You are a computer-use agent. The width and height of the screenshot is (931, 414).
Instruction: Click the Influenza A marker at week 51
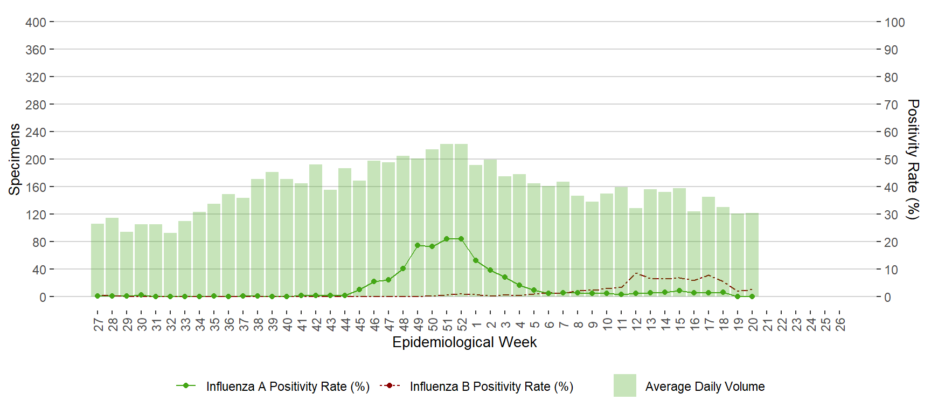point(447,239)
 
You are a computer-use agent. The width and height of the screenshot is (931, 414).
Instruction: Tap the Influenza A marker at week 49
point(418,245)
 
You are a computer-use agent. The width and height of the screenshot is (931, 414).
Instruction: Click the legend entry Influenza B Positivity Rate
point(491,387)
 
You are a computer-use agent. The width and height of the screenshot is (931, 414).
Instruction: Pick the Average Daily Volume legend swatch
point(624,385)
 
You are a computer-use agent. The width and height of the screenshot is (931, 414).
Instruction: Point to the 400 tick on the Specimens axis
point(36,23)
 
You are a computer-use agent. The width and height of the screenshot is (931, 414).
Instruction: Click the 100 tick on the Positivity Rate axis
point(894,23)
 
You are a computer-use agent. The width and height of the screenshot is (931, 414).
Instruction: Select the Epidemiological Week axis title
point(464,342)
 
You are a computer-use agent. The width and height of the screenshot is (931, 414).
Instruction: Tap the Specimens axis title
point(15,159)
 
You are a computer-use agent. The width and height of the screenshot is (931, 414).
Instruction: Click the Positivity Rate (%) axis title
point(913,159)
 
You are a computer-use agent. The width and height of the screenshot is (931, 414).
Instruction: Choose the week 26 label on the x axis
point(840,324)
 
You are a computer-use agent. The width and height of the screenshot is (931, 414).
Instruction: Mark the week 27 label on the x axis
point(98,324)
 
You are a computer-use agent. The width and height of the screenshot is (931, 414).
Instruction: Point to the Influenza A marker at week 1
point(476,260)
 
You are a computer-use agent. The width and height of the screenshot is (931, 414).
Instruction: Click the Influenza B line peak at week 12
point(636,273)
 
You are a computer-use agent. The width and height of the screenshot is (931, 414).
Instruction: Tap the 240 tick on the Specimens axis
point(36,132)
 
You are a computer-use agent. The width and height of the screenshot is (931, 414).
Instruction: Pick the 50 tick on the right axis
point(891,160)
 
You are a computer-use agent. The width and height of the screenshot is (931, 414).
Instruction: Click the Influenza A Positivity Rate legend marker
point(186,385)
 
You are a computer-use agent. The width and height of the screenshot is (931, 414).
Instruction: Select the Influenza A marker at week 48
point(403,268)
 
